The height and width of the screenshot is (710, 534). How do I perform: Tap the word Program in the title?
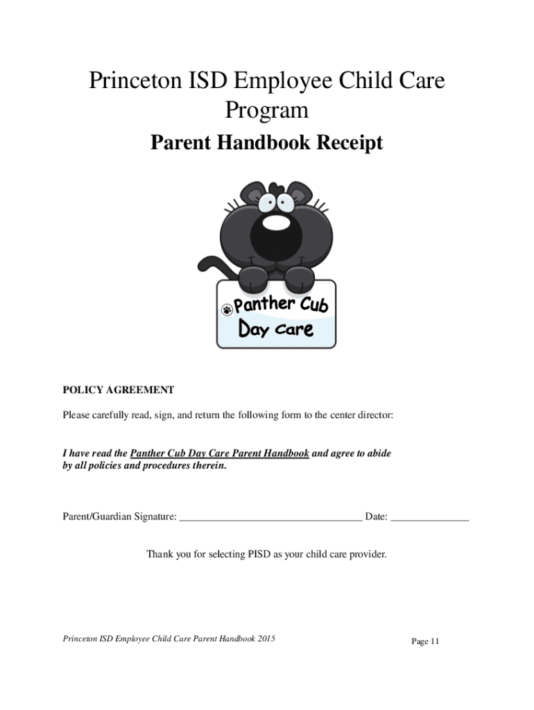click(x=267, y=110)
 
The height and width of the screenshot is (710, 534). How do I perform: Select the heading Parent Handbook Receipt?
click(x=267, y=144)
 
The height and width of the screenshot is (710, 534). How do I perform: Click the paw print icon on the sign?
click(x=226, y=309)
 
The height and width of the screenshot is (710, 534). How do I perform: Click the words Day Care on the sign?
click(x=275, y=329)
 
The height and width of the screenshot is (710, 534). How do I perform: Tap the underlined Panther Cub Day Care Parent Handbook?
click(x=220, y=453)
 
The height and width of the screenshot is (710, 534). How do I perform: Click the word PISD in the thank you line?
click(x=259, y=554)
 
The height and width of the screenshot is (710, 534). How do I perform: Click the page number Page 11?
click(x=425, y=641)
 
